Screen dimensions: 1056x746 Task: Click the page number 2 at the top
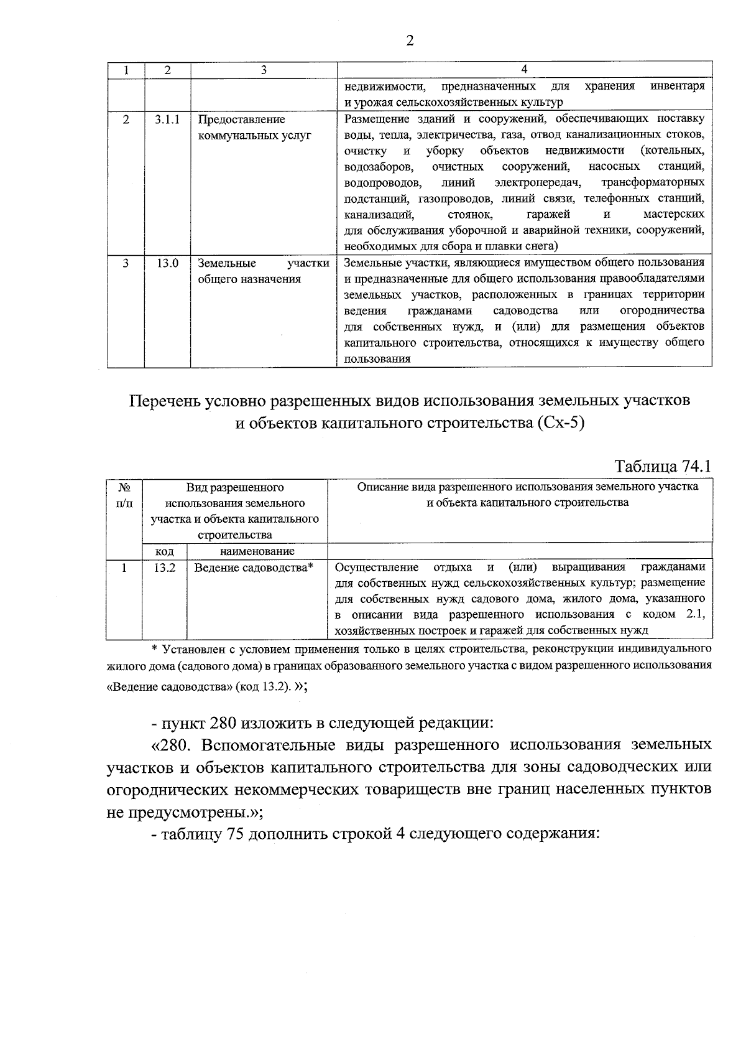click(x=410, y=41)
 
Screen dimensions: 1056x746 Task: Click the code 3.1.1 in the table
click(x=167, y=119)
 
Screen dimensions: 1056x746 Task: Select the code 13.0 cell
click(x=167, y=263)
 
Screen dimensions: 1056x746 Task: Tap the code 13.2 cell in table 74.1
click(x=165, y=567)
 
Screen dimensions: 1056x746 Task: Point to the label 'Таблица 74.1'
click(x=661, y=466)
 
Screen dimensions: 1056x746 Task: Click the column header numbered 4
click(x=524, y=69)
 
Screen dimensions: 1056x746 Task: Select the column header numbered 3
click(x=264, y=70)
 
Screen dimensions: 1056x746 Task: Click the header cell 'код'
click(x=164, y=551)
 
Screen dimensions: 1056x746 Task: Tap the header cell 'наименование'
click(x=257, y=551)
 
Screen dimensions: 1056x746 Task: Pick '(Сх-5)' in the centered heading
click(x=559, y=424)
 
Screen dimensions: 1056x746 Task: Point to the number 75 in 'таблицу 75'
click(x=230, y=835)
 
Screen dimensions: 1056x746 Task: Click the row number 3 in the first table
click(x=126, y=263)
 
